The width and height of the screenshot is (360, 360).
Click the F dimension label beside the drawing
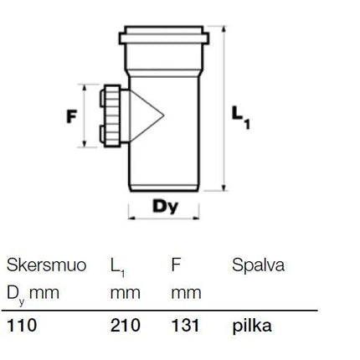(71, 116)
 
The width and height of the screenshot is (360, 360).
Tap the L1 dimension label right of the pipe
(240, 117)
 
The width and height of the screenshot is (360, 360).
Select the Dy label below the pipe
(165, 207)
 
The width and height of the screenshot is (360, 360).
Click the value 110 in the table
(22, 326)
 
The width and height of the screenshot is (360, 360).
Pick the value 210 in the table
(126, 326)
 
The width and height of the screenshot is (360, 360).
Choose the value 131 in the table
(186, 326)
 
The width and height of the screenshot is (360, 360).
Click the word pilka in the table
(252, 326)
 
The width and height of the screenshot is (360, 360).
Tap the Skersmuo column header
(46, 265)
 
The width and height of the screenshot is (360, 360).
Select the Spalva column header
(258, 265)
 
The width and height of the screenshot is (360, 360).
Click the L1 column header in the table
(117, 267)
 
